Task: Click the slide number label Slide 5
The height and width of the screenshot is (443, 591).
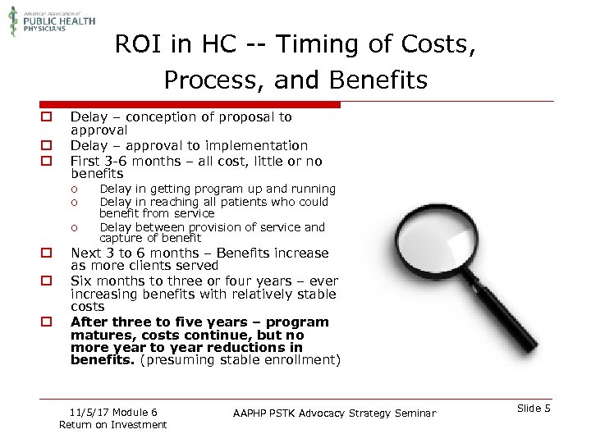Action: tap(534, 409)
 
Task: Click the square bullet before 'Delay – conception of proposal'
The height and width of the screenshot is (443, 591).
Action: tap(48, 118)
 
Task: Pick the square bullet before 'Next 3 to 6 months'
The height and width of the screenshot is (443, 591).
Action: tap(48, 253)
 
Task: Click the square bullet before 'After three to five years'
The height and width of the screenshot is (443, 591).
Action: tap(48, 322)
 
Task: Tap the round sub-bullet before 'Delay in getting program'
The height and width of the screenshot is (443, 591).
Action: tap(74, 190)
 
